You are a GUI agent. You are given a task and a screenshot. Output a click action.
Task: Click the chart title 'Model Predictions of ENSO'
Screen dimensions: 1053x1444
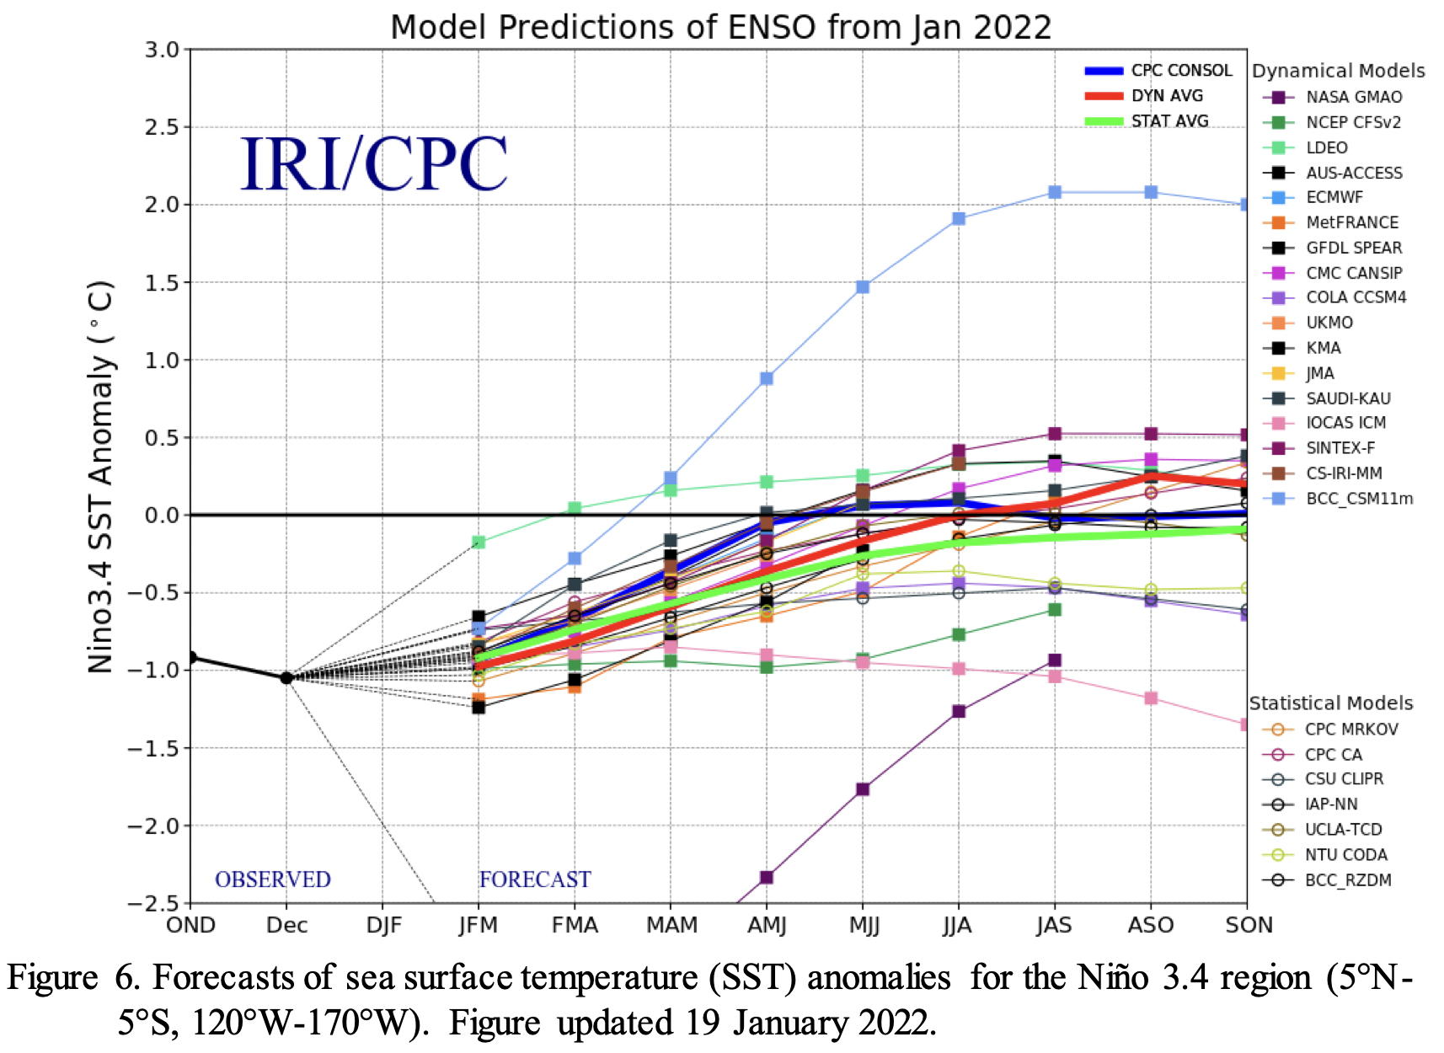(720, 27)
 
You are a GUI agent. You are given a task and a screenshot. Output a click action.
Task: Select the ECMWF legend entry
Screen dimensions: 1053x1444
(1334, 197)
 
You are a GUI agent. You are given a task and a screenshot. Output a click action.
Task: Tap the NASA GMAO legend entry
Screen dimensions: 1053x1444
(1353, 97)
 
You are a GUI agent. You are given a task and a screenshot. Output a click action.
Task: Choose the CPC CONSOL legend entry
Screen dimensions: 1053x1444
(1180, 71)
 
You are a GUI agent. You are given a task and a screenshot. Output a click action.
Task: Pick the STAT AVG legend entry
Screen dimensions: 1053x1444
(1169, 121)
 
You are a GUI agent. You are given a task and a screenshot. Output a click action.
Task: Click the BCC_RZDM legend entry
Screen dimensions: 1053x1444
(1347, 880)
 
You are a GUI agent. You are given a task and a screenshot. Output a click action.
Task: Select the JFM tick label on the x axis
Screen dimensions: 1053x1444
(479, 925)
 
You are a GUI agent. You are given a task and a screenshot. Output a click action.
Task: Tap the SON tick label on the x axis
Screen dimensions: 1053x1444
(1248, 925)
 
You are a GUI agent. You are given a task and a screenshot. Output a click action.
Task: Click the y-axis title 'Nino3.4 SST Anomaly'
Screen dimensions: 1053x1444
(101, 476)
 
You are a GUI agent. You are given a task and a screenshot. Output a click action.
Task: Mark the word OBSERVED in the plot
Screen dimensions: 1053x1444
(273, 879)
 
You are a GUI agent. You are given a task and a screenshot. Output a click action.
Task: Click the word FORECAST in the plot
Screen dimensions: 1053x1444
(535, 879)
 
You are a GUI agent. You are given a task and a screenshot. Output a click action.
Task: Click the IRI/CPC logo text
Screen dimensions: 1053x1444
(374, 164)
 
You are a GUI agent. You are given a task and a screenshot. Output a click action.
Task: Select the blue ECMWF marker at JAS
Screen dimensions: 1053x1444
(1055, 193)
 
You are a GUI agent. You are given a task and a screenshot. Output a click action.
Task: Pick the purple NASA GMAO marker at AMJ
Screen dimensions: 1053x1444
(767, 878)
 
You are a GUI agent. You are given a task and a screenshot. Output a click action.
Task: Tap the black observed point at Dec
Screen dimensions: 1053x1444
(286, 678)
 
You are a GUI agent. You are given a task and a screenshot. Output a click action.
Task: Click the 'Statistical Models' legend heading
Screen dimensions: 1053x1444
(1330, 703)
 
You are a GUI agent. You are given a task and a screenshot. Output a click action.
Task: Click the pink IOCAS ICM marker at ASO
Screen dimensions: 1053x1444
(1151, 698)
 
